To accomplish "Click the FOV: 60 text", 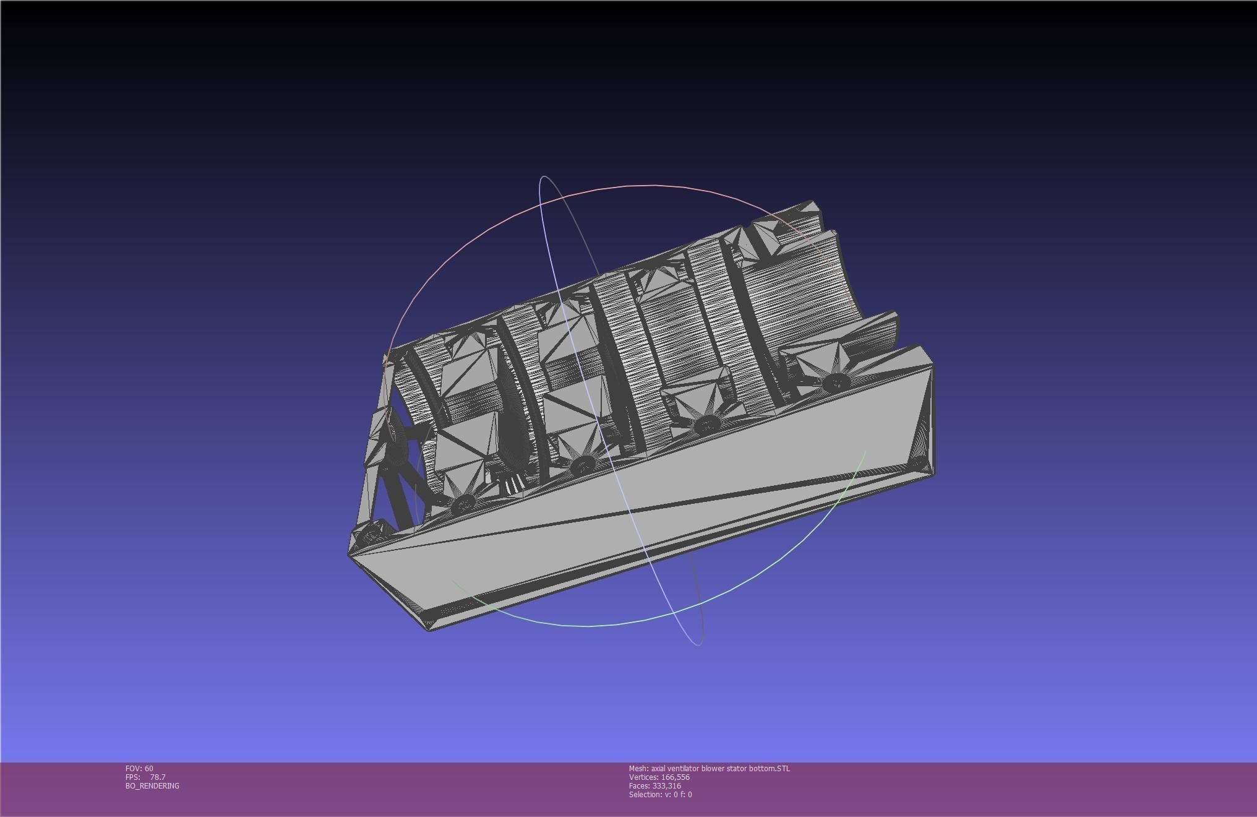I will click(139, 768).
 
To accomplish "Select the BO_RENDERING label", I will click(152, 785).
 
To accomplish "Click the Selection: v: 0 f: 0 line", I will click(660, 794).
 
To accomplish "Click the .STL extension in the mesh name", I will click(783, 768).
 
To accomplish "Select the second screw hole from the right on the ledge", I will click(706, 425).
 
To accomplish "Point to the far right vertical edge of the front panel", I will click(933, 421).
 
